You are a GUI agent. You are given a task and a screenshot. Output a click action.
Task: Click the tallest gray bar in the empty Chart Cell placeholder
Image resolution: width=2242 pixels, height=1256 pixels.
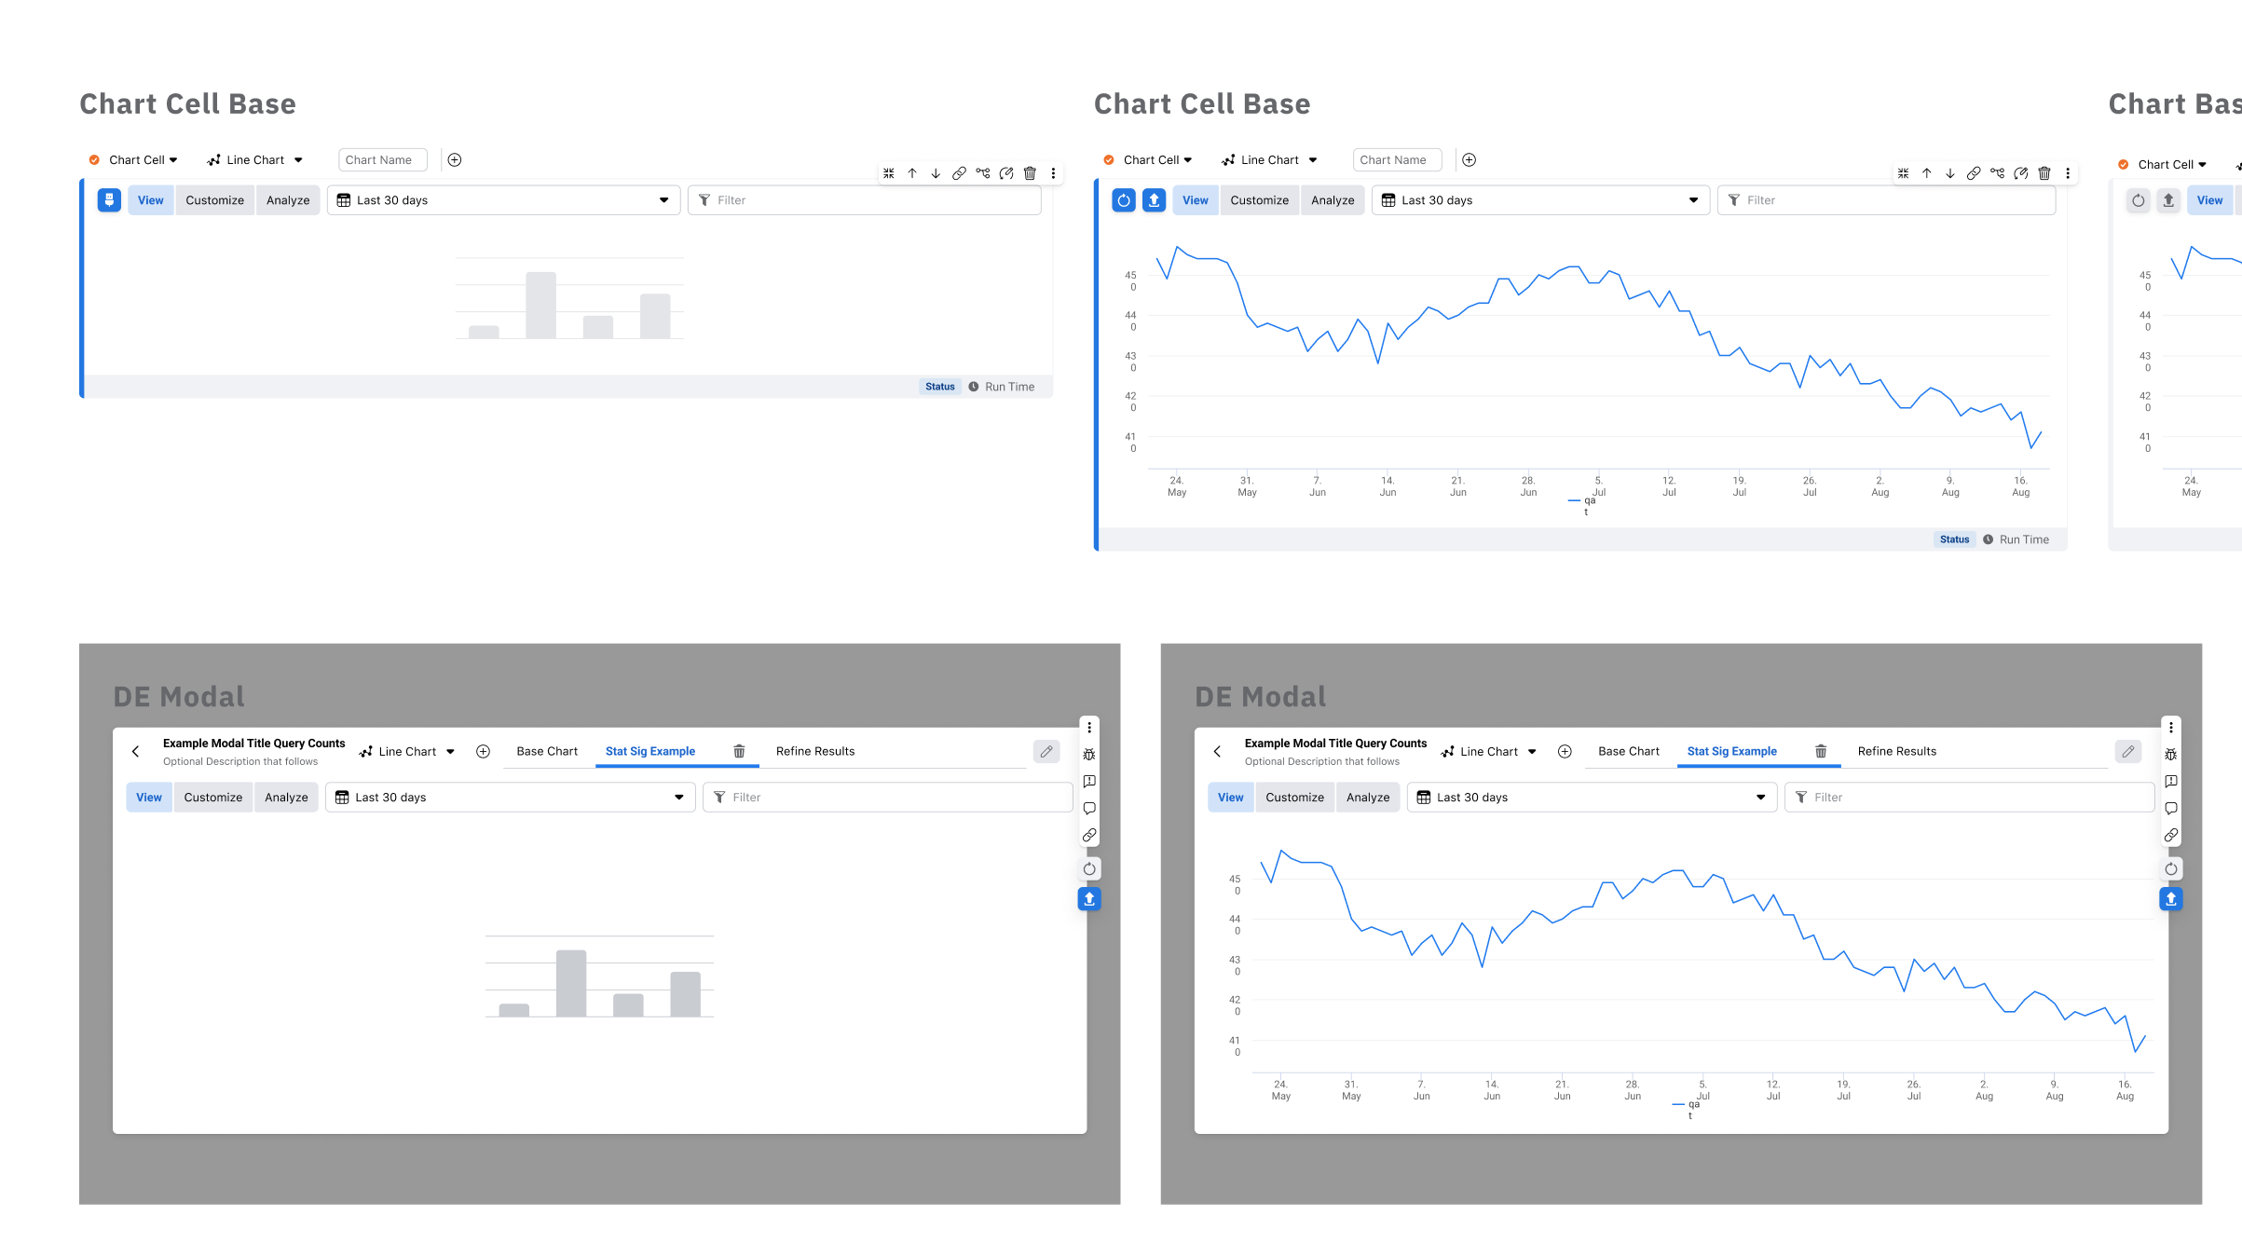[540, 305]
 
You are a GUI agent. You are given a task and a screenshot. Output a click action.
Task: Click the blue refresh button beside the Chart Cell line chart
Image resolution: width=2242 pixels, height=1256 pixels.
[1124, 200]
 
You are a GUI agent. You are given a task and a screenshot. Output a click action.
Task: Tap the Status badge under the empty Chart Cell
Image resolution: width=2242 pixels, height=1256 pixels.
[939, 387]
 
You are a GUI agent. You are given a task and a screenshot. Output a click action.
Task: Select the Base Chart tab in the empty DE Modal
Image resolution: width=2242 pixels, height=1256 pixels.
[547, 751]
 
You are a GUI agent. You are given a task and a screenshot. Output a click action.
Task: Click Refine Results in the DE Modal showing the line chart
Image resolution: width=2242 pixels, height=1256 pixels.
[1896, 751]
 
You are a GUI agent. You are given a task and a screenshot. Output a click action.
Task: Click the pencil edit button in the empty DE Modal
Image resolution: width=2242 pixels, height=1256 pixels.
[1046, 751]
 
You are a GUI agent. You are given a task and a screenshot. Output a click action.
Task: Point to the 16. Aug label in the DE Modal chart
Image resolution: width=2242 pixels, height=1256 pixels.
[2125, 1090]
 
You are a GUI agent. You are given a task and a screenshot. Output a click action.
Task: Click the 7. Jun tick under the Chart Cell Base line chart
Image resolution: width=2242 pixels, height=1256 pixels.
[1317, 486]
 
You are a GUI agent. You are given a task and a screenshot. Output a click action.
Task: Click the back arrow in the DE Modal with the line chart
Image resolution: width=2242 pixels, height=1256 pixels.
[1217, 751]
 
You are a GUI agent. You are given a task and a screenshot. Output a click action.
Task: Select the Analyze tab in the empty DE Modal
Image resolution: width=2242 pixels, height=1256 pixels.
[286, 798]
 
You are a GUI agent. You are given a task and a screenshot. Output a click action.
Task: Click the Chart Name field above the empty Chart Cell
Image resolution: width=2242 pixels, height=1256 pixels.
[382, 160]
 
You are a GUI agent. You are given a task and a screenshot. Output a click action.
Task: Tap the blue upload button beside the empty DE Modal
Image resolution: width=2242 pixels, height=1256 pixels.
[1089, 899]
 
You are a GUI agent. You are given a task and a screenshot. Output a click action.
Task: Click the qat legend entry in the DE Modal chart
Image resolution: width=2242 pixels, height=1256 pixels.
[1688, 1109]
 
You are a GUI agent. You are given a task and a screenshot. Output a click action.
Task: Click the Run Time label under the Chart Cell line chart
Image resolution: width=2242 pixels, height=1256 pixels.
[2024, 539]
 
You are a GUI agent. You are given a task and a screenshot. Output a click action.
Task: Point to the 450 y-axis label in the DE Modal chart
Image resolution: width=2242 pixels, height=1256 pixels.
[1235, 884]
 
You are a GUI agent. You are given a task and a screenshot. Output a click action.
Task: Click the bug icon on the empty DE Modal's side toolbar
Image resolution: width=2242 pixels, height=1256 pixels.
[1089, 755]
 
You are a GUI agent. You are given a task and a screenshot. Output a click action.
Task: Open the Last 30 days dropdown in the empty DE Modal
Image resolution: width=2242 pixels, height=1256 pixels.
[510, 798]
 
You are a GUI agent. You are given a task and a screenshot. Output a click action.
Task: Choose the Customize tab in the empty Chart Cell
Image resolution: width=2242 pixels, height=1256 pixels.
[214, 200]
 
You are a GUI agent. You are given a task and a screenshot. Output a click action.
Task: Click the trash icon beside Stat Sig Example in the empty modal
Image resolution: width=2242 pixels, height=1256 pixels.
[739, 751]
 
